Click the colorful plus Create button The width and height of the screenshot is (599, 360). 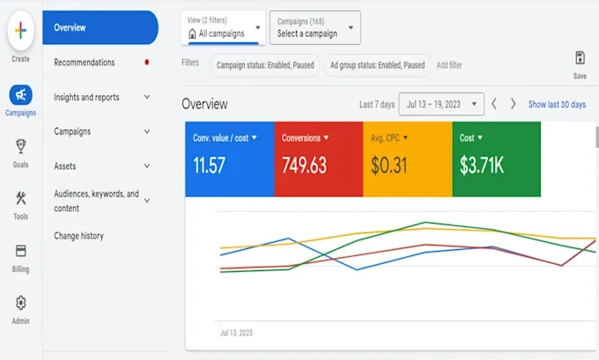20,31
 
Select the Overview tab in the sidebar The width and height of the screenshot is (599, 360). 100,27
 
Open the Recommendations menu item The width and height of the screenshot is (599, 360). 84,62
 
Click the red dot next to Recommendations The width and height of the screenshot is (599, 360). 147,62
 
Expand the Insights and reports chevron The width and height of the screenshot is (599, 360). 147,97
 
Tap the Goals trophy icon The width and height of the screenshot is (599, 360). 20,146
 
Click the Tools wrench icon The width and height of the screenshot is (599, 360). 20,198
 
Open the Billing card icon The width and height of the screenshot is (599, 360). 20,251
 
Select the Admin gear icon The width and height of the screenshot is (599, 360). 20,303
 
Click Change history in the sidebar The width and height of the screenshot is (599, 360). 78,236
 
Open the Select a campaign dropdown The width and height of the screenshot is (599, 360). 315,27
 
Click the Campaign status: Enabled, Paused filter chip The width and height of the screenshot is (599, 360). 265,65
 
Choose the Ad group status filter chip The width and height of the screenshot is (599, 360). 377,65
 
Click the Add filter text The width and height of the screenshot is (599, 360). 449,65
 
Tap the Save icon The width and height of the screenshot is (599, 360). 580,58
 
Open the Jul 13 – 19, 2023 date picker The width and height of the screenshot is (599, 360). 441,104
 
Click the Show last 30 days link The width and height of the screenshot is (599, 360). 557,105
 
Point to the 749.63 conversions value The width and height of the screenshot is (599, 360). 305,165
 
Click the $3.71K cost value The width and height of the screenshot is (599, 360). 482,165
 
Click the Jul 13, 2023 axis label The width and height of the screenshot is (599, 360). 236,333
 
